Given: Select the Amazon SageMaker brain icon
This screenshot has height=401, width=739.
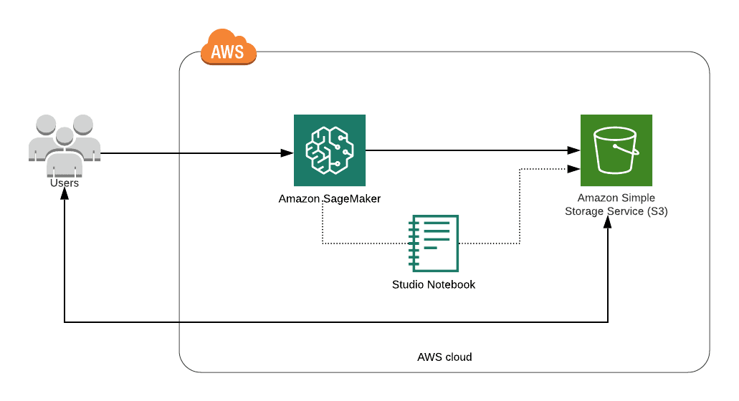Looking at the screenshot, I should [x=329, y=150].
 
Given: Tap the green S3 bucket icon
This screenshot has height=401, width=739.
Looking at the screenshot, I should [x=616, y=150].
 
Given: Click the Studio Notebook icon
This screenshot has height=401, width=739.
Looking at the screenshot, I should [x=433, y=243].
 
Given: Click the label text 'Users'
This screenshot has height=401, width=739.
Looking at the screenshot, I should [x=64, y=183].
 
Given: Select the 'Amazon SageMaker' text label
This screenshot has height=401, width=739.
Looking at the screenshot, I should [x=329, y=198].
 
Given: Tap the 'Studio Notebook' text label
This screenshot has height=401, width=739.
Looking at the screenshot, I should [x=433, y=284].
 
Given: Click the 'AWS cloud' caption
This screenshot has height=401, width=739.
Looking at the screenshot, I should [x=444, y=357].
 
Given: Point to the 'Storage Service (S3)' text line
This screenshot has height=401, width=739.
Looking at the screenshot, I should [x=616, y=211].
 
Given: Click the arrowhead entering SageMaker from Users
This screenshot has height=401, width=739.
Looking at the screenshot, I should [x=287, y=153].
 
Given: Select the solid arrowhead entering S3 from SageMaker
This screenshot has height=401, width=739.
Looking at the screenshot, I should [x=574, y=150].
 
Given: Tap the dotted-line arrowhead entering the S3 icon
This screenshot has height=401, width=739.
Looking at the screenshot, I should [x=574, y=170].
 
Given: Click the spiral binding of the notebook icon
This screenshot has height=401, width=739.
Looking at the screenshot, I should [x=412, y=243].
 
